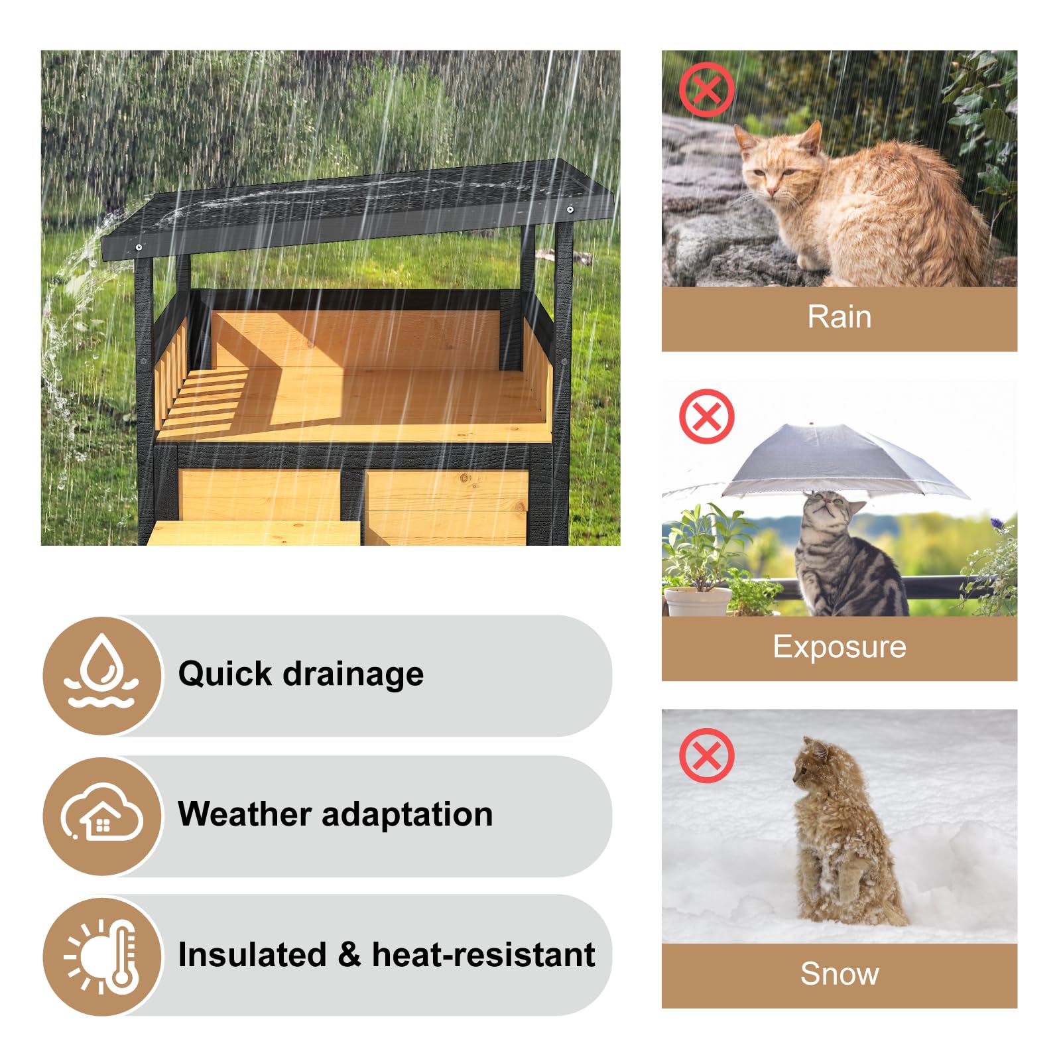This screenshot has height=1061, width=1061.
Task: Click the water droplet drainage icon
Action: (102, 674)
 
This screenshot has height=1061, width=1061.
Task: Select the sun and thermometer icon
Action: (102, 956)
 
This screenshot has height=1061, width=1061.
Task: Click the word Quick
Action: (225, 674)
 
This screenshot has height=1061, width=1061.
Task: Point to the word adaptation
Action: (407, 814)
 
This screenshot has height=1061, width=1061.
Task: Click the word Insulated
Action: (252, 955)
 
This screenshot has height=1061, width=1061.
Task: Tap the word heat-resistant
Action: (483, 955)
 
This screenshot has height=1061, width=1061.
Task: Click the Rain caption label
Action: (839, 317)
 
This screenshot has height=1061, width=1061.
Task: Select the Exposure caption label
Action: (839, 647)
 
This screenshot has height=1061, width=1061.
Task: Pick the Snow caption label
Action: (839, 973)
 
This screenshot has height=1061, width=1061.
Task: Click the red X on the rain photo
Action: (706, 90)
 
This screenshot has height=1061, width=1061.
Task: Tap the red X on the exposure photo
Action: (706, 416)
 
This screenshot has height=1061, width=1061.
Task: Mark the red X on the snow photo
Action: (706, 755)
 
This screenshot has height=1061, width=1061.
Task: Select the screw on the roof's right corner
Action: (570, 210)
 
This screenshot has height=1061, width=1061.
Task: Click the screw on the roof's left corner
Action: (139, 247)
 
